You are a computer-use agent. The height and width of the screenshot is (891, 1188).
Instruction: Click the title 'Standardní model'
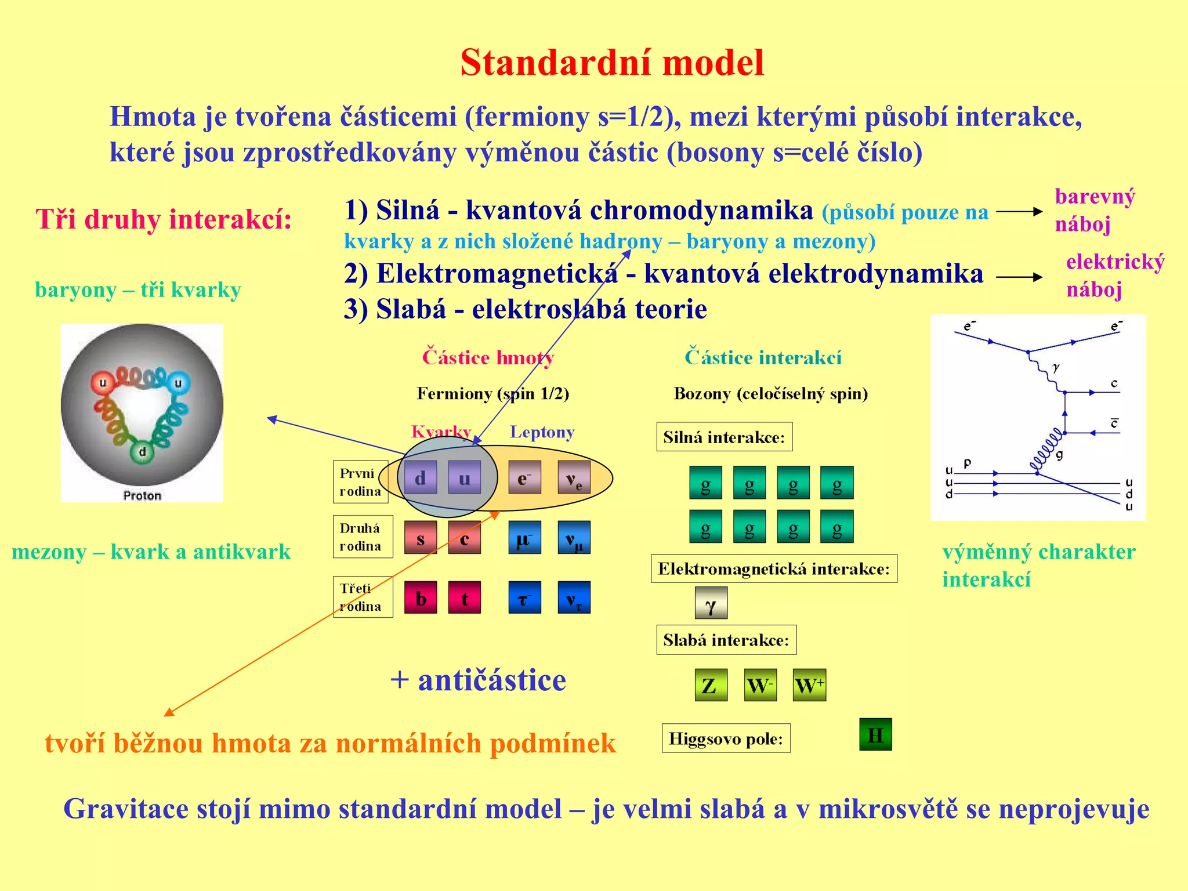612,63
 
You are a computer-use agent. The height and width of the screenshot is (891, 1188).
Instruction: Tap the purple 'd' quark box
420,477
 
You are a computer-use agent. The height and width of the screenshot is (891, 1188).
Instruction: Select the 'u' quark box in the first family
464,477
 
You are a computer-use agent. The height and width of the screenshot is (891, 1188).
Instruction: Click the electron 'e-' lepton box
524,477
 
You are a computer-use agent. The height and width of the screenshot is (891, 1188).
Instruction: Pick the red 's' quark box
420,538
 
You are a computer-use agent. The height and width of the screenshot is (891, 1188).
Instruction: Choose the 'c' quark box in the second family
464,538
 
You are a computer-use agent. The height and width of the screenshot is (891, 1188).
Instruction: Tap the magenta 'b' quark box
420,597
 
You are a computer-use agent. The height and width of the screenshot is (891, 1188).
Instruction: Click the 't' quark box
464,597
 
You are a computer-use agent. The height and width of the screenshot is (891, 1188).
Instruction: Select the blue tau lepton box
524,597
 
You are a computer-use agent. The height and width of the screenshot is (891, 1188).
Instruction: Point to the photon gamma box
711,603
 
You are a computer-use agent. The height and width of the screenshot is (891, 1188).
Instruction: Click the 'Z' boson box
711,685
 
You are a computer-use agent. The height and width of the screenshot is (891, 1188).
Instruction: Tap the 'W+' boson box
809,685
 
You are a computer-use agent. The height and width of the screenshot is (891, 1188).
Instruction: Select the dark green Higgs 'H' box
875,734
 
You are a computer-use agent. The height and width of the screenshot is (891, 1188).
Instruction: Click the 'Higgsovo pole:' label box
726,738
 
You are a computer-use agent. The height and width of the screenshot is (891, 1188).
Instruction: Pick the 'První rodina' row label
360,482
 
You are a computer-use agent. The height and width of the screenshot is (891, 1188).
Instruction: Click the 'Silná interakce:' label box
724,437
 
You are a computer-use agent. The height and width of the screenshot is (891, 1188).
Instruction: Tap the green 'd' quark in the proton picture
142,452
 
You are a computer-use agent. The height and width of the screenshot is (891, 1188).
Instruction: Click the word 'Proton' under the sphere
142,495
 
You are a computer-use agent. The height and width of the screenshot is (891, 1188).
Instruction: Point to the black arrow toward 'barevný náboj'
1019,212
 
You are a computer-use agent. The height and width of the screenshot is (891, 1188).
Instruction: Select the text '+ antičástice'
478,680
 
